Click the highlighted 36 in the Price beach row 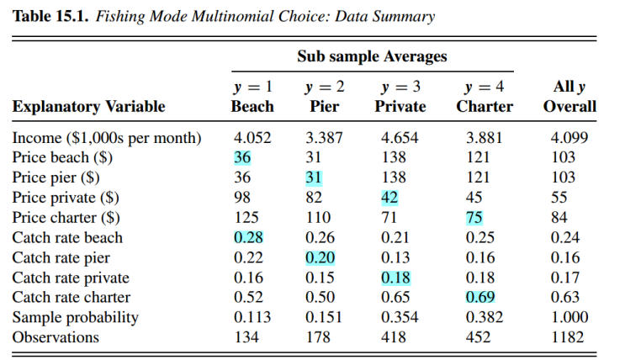pos(242,157)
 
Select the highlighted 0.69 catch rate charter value pos(477,297)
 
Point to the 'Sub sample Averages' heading pos(372,57)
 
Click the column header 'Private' pos(400,107)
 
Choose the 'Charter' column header pos(485,107)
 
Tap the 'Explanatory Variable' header pos(88,107)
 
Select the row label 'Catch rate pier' pos(61,257)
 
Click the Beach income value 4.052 pos(252,137)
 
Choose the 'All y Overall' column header pos(569,97)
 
